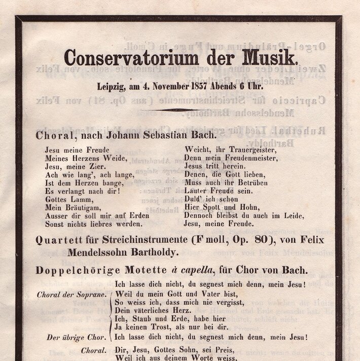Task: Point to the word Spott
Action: click(x=209, y=207)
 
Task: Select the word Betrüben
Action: click(x=249, y=182)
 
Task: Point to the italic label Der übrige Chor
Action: click(x=77, y=337)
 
